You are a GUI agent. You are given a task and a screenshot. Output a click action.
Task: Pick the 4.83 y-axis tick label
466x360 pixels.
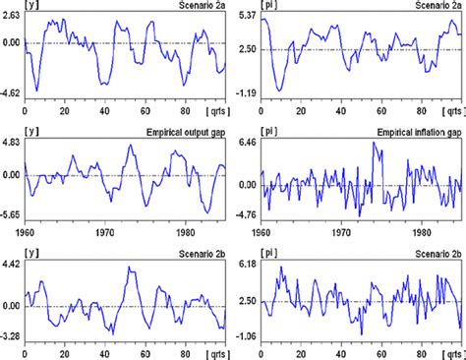[x=12, y=143]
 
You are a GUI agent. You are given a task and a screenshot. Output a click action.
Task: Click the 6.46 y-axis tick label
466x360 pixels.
[x=247, y=143]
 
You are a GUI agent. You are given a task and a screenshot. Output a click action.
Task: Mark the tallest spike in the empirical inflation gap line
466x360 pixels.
[x=374, y=144]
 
